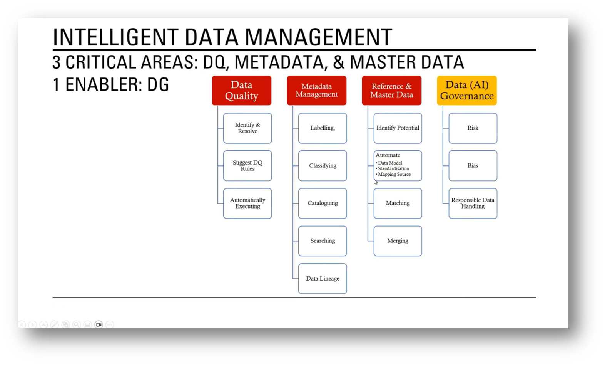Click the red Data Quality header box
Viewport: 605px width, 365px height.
(x=241, y=91)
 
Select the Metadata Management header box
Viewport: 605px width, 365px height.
(x=316, y=91)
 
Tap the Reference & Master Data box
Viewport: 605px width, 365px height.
(x=391, y=91)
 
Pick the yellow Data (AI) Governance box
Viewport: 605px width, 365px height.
(x=467, y=91)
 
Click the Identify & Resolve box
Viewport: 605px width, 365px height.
(x=247, y=128)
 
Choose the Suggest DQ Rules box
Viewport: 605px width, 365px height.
(x=247, y=166)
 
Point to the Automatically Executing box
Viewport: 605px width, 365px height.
(x=247, y=203)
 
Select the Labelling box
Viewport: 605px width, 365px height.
(x=323, y=128)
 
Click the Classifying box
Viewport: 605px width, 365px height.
(x=323, y=166)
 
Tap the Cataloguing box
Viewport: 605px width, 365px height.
(x=323, y=203)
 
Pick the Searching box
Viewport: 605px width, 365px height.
(x=323, y=241)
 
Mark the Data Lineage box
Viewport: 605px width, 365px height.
(x=323, y=279)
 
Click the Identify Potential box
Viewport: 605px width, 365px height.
(x=398, y=128)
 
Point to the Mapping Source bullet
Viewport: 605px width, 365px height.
(x=394, y=175)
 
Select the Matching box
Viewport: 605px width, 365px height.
(x=398, y=203)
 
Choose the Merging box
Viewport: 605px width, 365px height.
(x=398, y=241)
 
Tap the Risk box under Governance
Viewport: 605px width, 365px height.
(x=473, y=128)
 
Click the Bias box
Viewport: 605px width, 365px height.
(x=473, y=166)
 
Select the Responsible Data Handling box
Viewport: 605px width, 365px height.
(x=473, y=203)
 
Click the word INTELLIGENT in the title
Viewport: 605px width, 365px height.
(x=115, y=37)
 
